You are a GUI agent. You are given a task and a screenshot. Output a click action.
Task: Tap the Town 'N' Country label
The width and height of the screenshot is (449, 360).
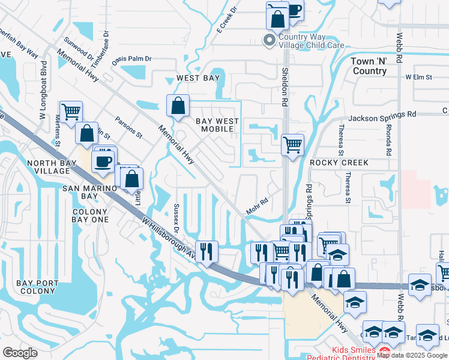pos(369,66)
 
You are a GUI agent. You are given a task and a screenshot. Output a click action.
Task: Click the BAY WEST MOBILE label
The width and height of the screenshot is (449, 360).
pos(217,125)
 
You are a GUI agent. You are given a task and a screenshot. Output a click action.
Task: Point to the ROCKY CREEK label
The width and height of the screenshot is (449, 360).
pos(339,163)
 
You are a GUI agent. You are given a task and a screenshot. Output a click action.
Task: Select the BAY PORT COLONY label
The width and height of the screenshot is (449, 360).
pos(37,287)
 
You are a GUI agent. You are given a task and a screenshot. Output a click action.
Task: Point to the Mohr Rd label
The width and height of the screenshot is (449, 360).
pos(256,208)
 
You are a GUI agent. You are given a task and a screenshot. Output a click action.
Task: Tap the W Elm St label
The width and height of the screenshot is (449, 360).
pos(419,77)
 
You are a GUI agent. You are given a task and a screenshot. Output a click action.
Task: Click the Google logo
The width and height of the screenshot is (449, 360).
pos(20,352)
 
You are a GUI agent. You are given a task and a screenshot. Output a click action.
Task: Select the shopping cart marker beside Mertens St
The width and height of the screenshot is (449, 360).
pos(71,110)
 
